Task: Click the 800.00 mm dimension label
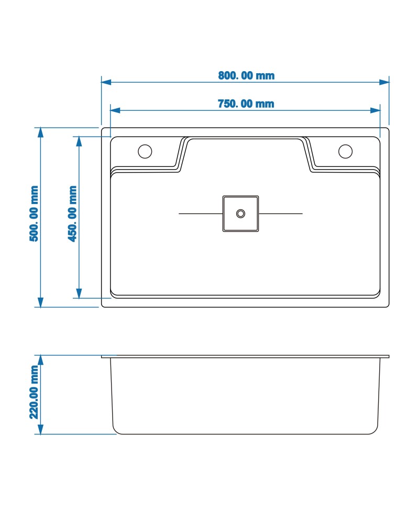(x=246, y=75)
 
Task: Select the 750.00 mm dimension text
(x=246, y=104)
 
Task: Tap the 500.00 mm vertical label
(x=34, y=213)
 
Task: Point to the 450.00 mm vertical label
(x=72, y=213)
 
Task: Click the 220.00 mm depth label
(x=34, y=392)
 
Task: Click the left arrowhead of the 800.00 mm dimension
(x=106, y=82)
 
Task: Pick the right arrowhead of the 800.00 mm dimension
(x=384, y=82)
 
